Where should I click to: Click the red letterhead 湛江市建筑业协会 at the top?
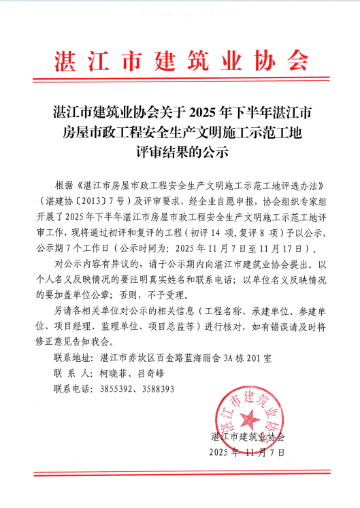pos(180,61)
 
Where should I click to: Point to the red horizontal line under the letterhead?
pos(180,88)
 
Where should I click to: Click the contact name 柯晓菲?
pos(113,373)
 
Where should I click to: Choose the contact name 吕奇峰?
pos(150,373)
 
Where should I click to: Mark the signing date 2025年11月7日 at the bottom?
pos(246,452)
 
